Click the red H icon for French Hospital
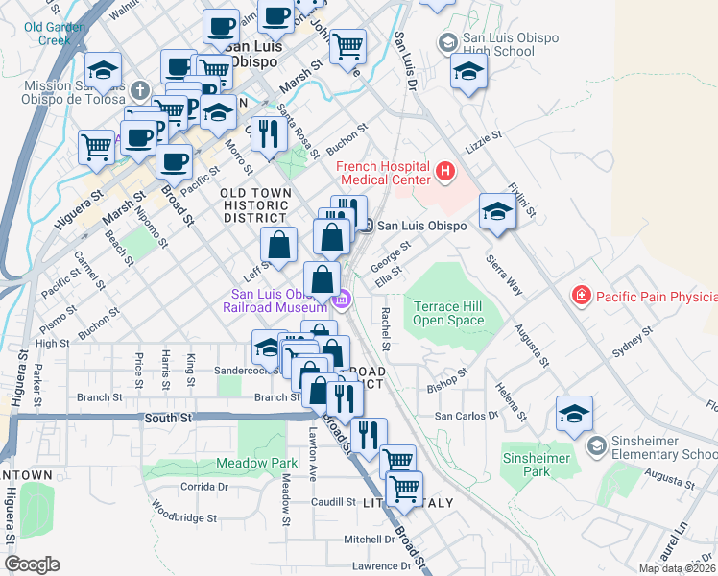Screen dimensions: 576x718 pyautogui.click(x=444, y=173)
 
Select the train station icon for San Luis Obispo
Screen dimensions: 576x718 pyautogui.click(x=368, y=226)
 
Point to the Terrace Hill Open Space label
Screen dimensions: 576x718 pyautogui.click(x=448, y=313)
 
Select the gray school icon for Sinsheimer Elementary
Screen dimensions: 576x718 pyautogui.click(x=596, y=445)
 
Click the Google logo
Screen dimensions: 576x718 pyautogui.click(x=32, y=564)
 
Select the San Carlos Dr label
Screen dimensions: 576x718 pyautogui.click(x=467, y=416)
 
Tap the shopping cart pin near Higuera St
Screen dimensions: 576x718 pyautogui.click(x=97, y=148)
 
